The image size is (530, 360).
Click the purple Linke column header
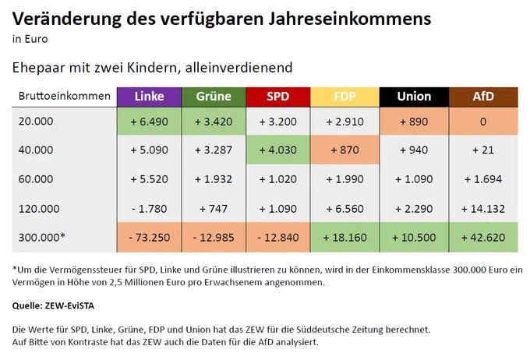click(149, 97)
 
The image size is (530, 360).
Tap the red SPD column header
click(278, 97)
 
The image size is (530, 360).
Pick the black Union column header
click(413, 97)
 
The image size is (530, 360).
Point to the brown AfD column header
click(482, 97)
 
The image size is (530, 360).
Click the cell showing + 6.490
click(149, 123)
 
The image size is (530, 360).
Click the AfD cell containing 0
click(482, 123)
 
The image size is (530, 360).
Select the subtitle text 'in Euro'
click(28, 37)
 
